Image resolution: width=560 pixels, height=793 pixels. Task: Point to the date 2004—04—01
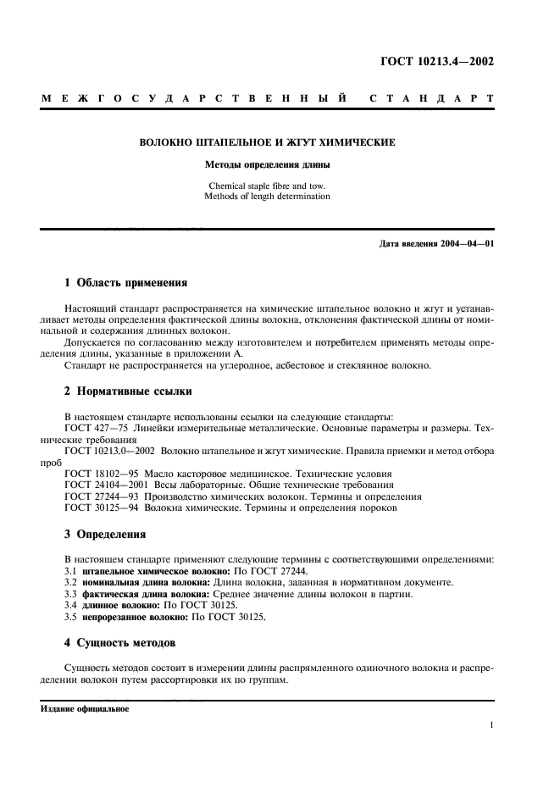pyautogui.click(x=467, y=245)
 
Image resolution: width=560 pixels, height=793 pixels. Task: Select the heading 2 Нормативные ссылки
pyautogui.click(x=129, y=391)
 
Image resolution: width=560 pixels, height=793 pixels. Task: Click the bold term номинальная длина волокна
pyautogui.click(x=149, y=583)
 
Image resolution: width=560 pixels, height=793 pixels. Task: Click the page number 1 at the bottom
pyautogui.click(x=491, y=725)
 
